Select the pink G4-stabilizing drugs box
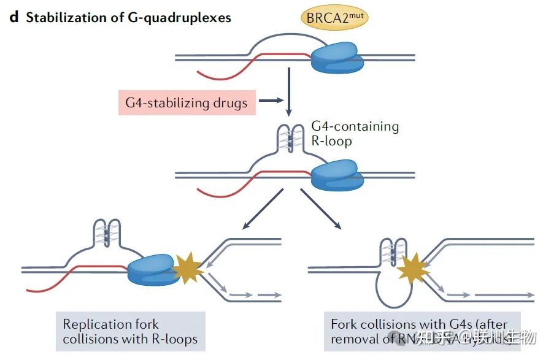point(186,102)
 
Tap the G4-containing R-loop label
point(355,134)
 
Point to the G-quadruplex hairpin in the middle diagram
point(287,141)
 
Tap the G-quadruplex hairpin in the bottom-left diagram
point(110,234)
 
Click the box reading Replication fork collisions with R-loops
point(130,331)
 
